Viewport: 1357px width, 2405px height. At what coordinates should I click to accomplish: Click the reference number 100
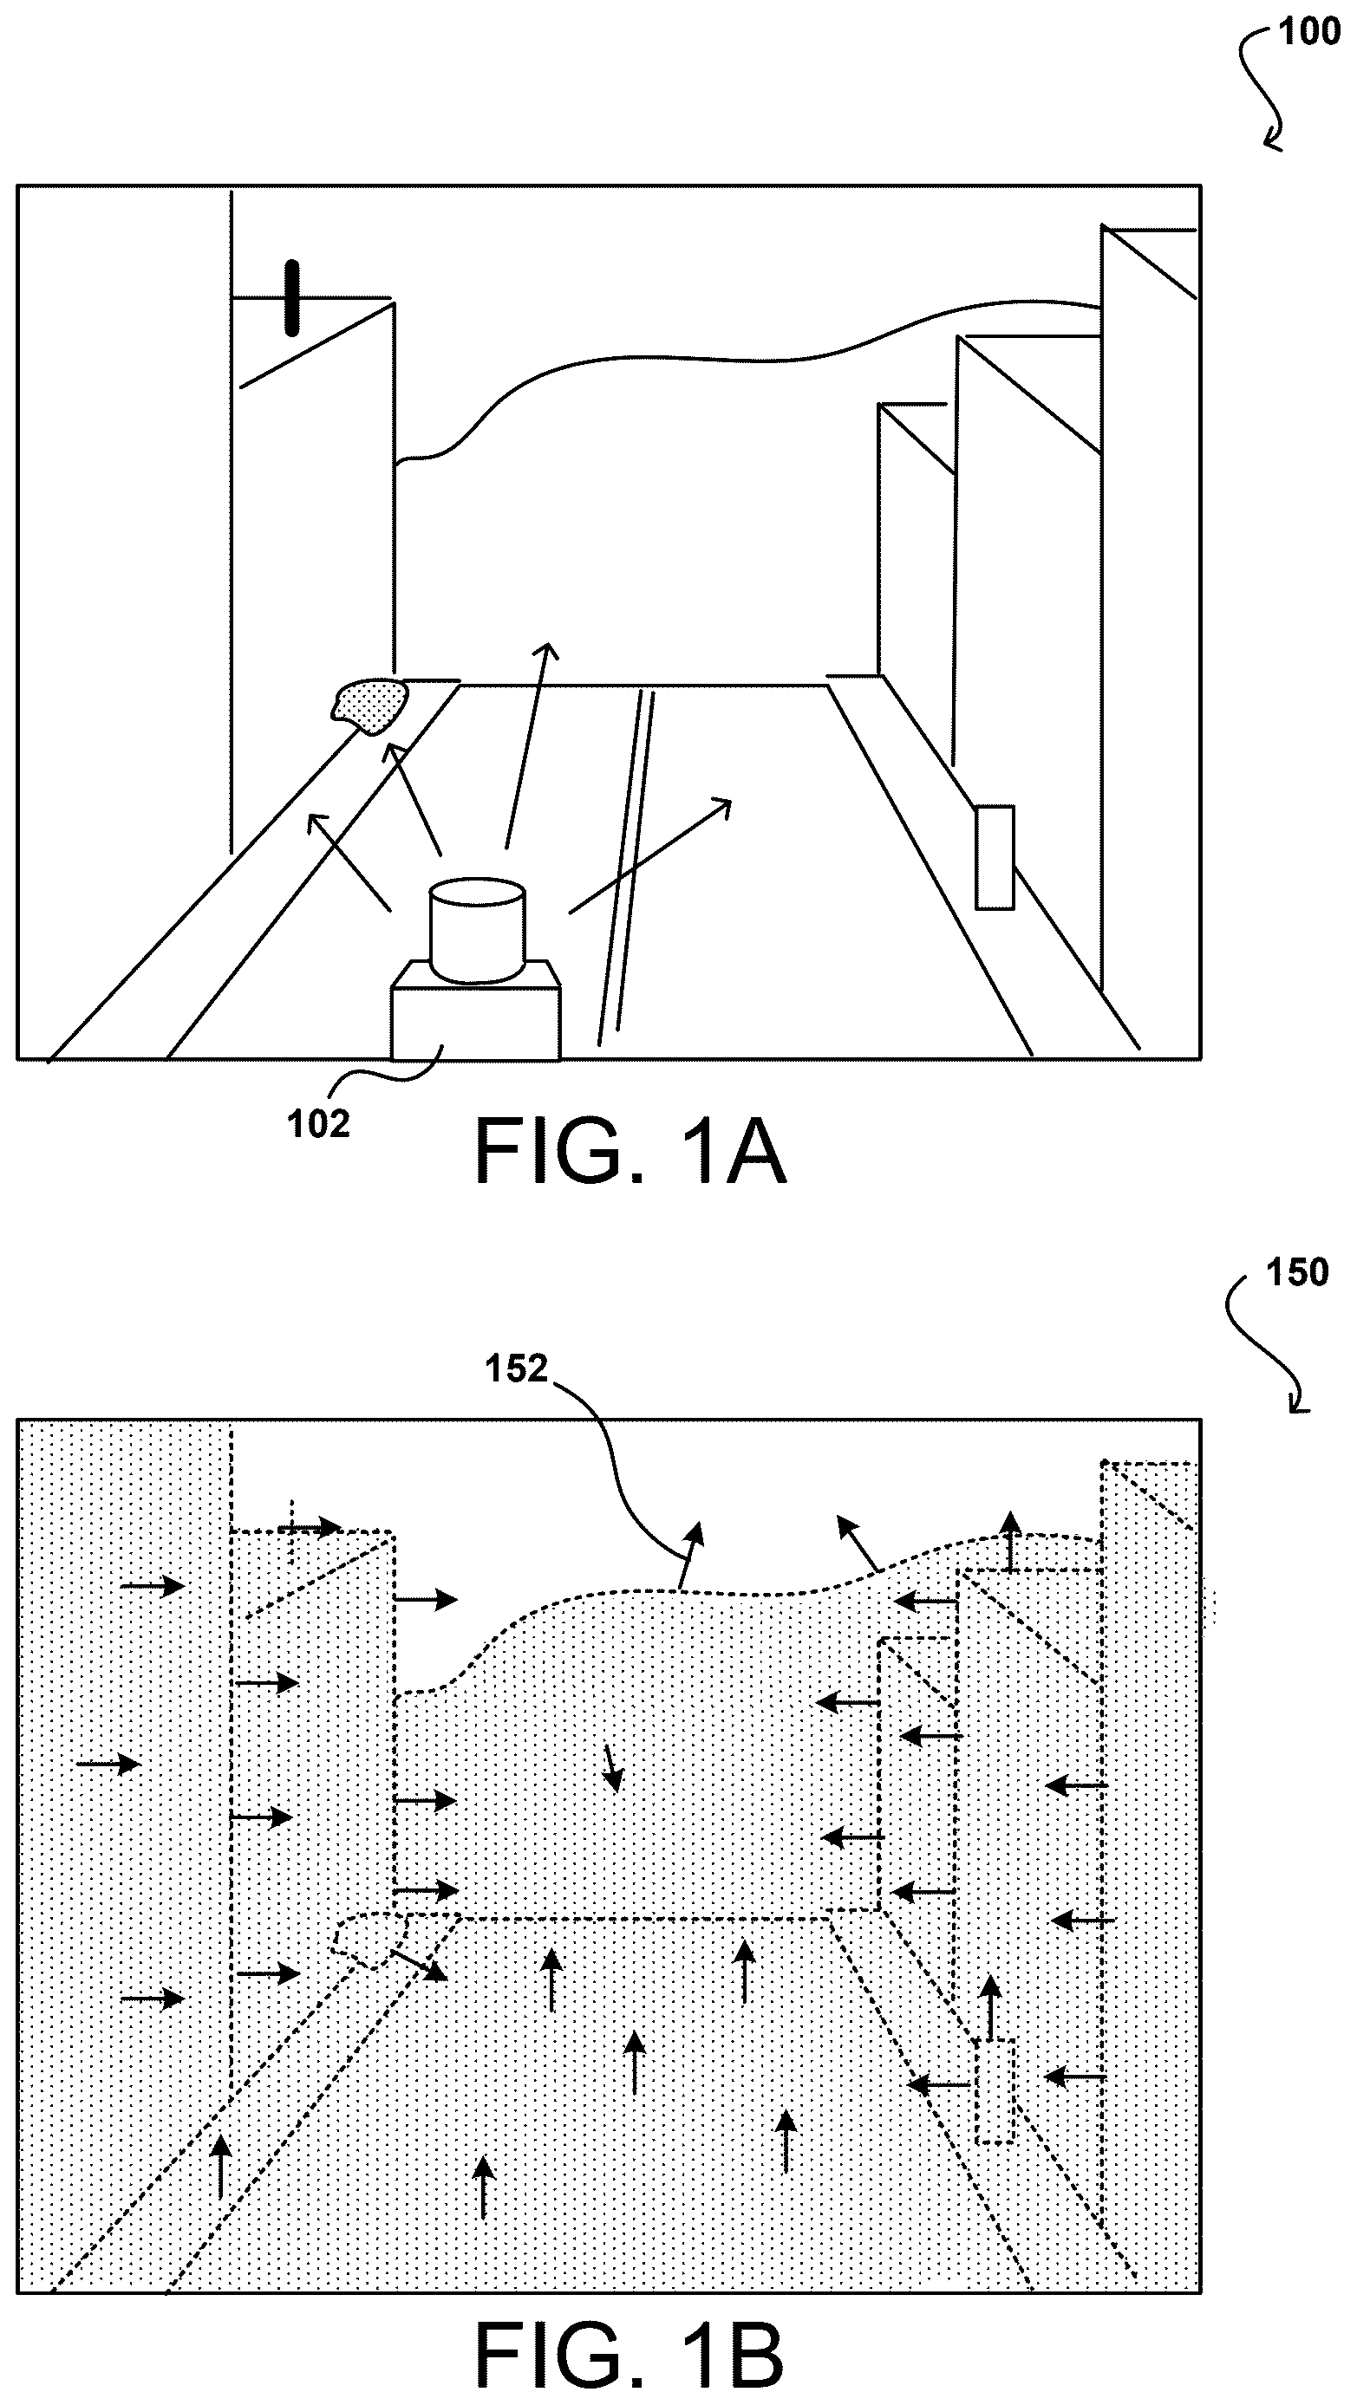coord(1308,32)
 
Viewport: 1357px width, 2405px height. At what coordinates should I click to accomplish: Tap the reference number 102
coord(318,1124)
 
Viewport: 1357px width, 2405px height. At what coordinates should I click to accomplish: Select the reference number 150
coord(1296,1272)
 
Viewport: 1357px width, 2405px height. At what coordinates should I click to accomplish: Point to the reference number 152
coord(516,1368)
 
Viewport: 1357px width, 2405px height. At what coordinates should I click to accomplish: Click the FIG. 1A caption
coord(630,1152)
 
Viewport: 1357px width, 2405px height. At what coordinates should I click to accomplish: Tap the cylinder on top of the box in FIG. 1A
coord(477,930)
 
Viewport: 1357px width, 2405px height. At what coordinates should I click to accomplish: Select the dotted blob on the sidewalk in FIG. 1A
coord(372,705)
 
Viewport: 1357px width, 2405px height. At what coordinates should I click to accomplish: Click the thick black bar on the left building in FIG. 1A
coord(292,298)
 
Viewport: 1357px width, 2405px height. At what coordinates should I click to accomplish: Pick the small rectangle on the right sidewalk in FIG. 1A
coord(995,857)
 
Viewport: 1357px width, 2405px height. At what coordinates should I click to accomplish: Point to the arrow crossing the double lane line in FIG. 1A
coord(650,855)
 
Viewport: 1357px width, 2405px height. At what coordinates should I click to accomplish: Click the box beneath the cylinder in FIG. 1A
coord(476,1013)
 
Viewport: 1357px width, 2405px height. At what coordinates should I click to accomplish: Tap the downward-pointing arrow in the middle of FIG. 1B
coord(610,1768)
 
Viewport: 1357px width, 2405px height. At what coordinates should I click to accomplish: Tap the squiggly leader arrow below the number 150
coord(1262,1346)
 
